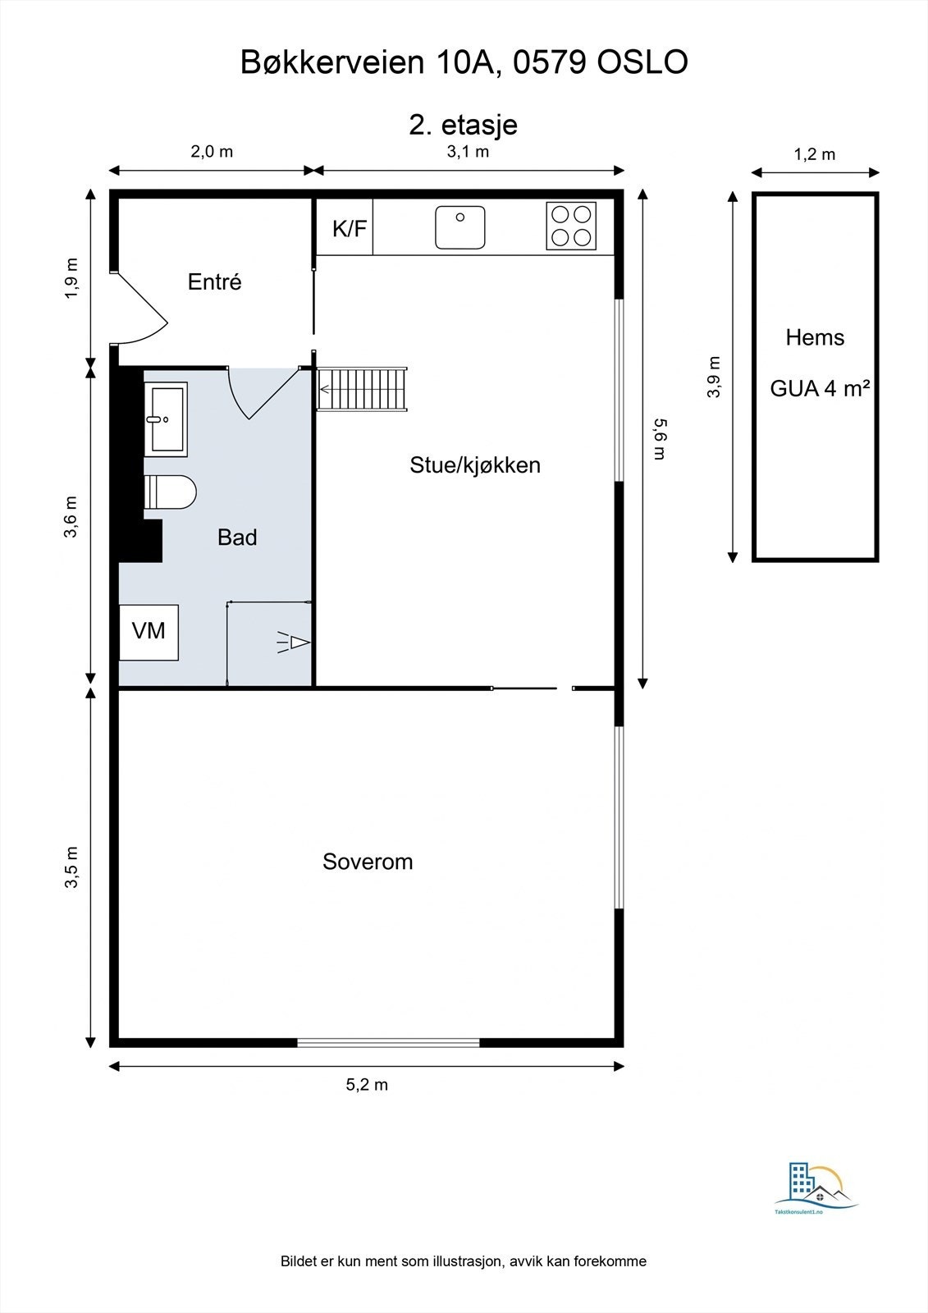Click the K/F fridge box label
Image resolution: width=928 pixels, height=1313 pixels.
point(349,228)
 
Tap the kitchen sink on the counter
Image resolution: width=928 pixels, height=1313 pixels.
point(460,227)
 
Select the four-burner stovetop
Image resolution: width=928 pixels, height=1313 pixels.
point(571,226)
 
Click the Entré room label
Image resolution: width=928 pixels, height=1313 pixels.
point(214,281)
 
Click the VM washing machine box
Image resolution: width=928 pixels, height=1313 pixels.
point(149,631)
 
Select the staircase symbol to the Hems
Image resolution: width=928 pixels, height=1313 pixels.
point(362,389)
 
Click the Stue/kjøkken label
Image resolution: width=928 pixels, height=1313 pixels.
point(474,465)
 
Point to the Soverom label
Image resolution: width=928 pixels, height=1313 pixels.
point(367,862)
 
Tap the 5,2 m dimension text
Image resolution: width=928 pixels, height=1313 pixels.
point(367,1085)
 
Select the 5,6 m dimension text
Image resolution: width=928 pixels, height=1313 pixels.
point(659,439)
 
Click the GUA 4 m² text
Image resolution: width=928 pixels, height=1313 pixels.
point(819,388)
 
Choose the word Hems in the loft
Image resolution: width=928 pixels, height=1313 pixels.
point(814,337)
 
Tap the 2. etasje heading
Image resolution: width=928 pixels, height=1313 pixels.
point(463,125)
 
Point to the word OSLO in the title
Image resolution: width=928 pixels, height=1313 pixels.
point(642,62)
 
